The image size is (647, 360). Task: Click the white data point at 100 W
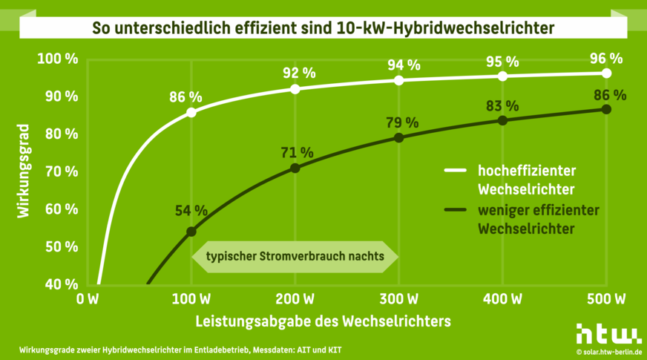pyautogui.click(x=191, y=112)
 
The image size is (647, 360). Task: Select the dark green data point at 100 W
pyautogui.click(x=191, y=232)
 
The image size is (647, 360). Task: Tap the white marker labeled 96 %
pyautogui.click(x=606, y=73)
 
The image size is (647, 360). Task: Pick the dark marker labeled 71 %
pyautogui.click(x=295, y=168)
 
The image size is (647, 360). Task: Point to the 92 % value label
pyautogui.click(x=300, y=73)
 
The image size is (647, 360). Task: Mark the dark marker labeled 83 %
pyautogui.click(x=502, y=120)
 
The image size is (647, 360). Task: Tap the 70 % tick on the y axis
pyautogui.click(x=60, y=171)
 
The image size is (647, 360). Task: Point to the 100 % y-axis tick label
pyautogui.click(x=57, y=59)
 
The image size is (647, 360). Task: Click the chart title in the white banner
pyautogui.click(x=323, y=29)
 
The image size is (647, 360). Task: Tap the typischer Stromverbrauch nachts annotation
pyautogui.click(x=295, y=256)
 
